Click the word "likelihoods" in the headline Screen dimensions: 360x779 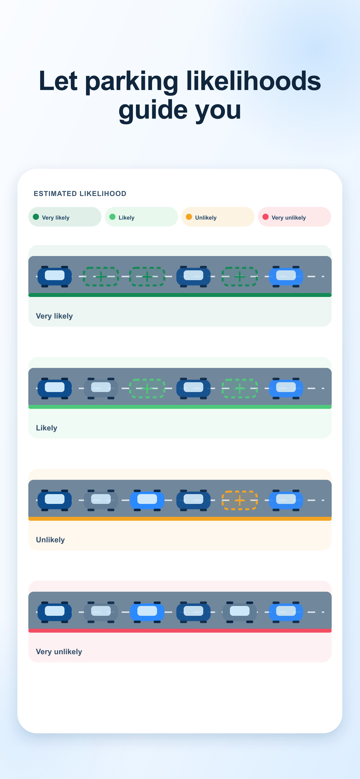[253, 81]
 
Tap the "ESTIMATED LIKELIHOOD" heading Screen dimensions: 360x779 [80, 193]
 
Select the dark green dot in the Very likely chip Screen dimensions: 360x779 [36, 217]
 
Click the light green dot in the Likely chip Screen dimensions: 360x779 [112, 217]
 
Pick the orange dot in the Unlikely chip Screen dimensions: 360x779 [189, 217]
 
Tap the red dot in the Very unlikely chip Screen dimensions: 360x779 [266, 217]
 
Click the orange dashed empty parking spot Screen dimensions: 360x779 [240, 501]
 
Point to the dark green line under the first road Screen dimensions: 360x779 [180, 295]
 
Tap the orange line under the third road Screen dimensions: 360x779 [180, 518]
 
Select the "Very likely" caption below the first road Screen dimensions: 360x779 [54, 316]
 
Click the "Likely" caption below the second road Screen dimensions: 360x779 [47, 428]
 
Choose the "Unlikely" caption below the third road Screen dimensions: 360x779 [50, 540]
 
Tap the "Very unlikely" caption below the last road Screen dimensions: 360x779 [59, 652]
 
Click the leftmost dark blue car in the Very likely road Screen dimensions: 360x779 [55, 276]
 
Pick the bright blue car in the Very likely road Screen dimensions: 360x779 [286, 276]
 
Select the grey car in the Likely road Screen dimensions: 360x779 [101, 388]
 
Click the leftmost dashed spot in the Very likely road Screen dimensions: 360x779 [101, 277]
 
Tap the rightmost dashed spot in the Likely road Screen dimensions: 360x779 [240, 389]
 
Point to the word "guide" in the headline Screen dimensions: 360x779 [153, 110]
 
